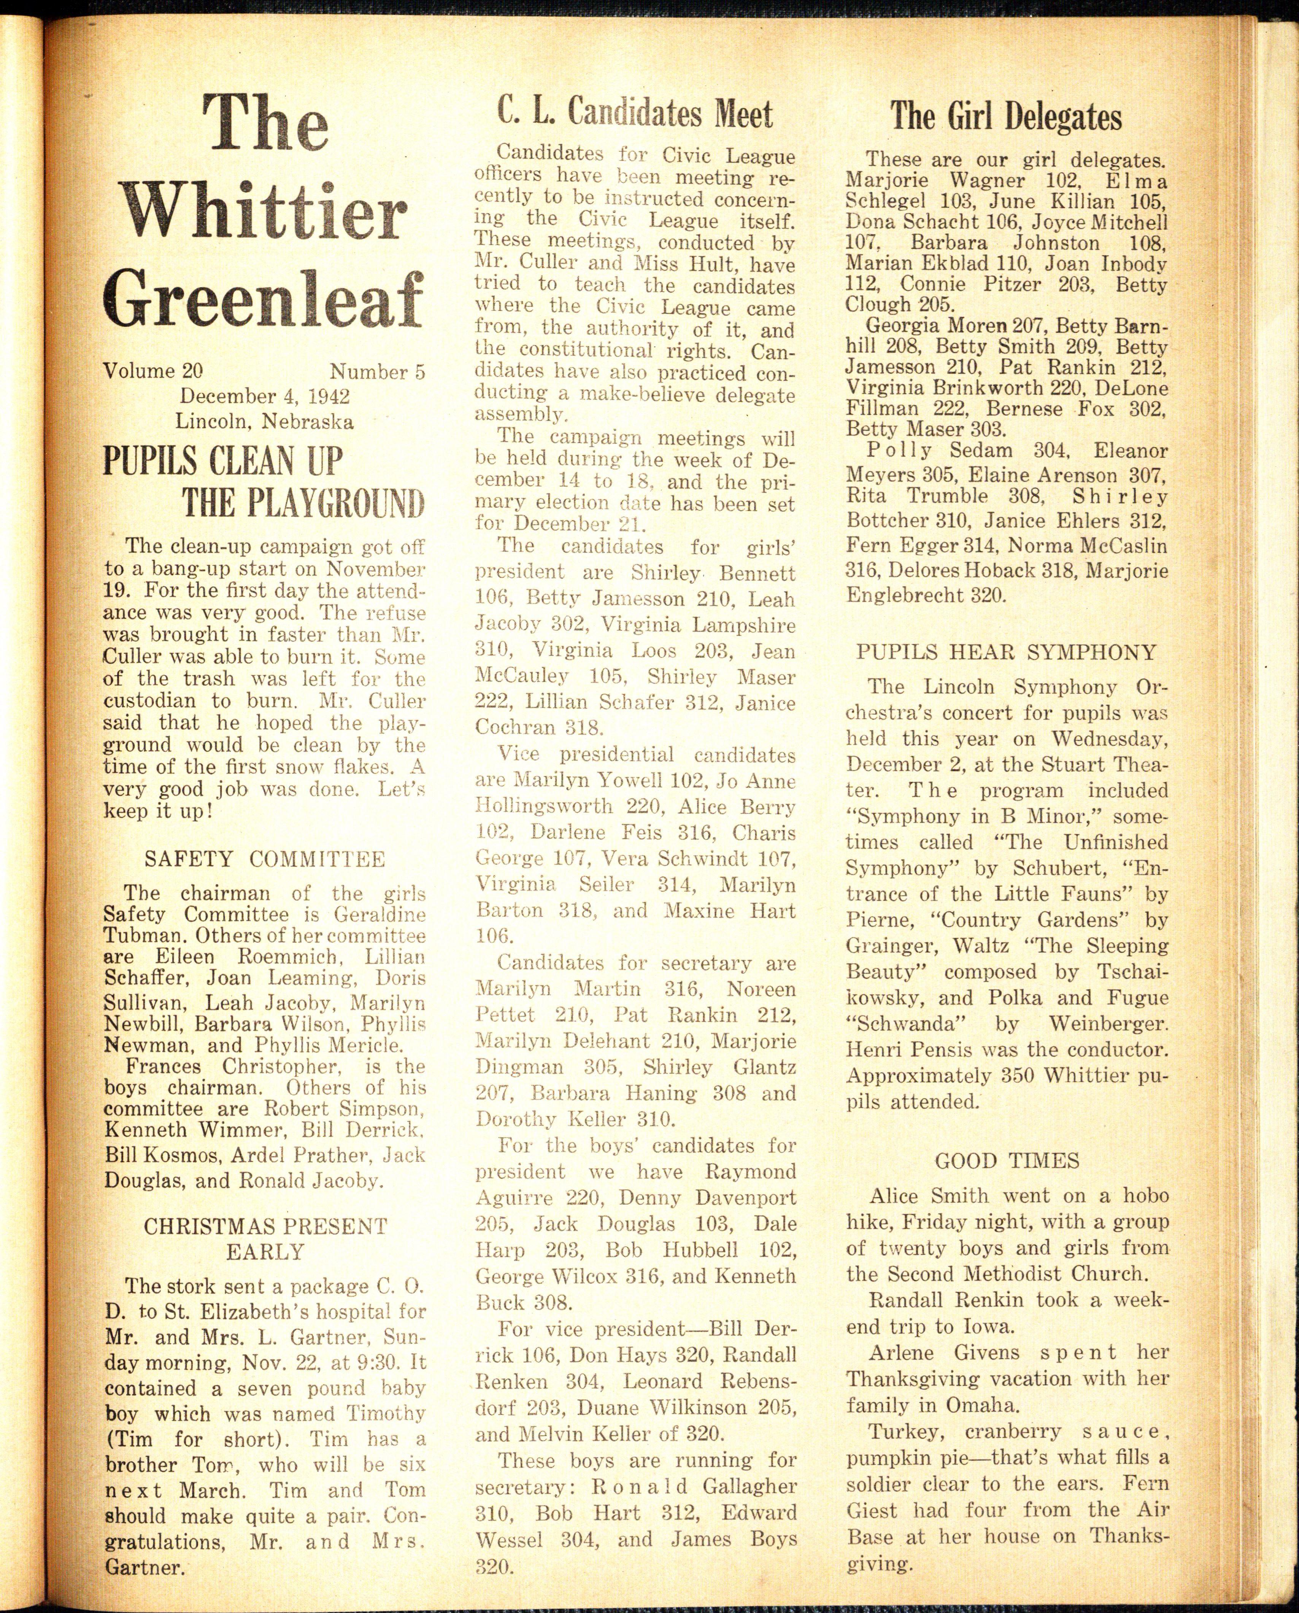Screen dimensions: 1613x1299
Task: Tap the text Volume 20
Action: (152, 371)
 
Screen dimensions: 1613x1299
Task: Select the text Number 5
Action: (377, 372)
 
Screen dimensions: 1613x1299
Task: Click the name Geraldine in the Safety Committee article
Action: (380, 914)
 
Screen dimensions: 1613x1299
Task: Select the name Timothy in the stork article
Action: (386, 1414)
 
